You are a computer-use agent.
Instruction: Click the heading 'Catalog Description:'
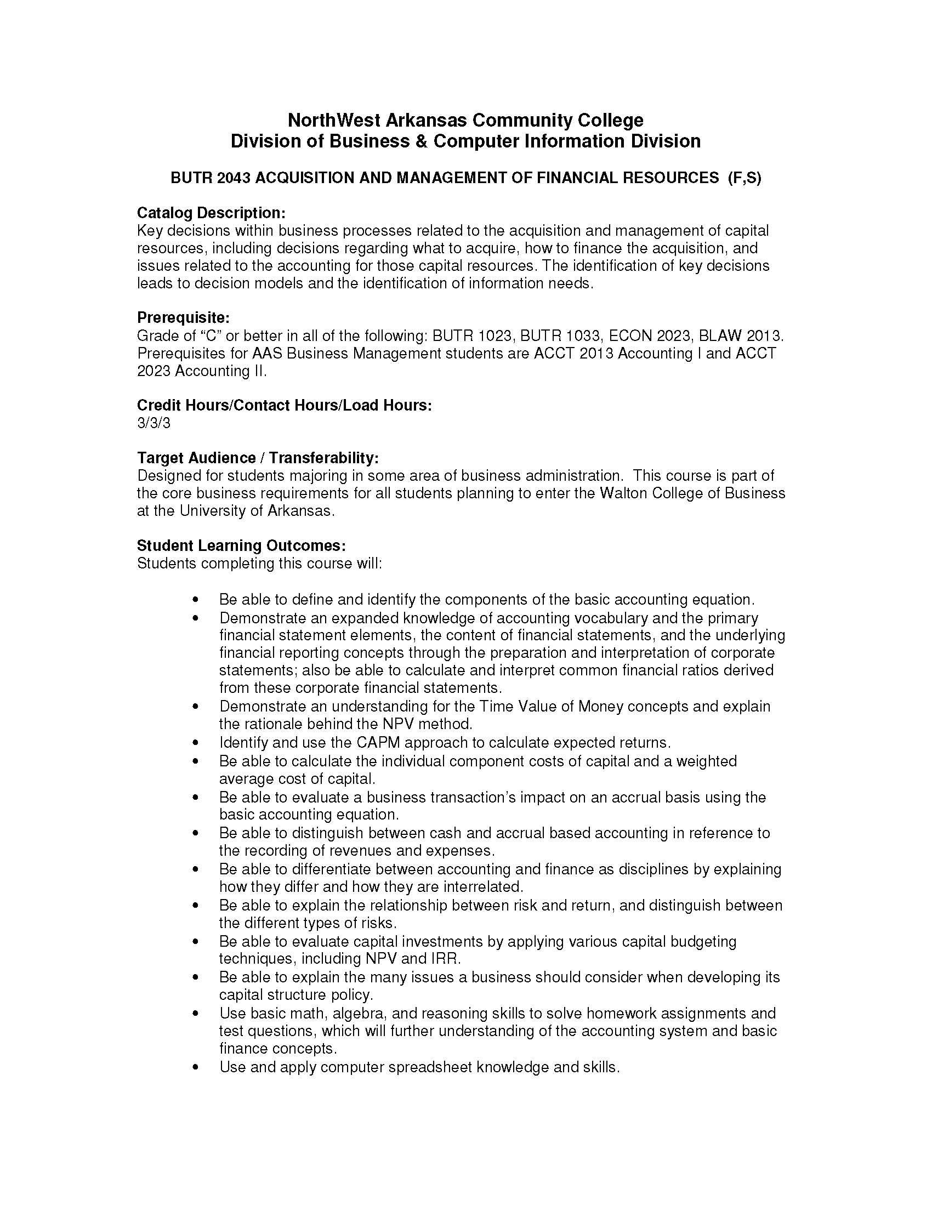tap(211, 213)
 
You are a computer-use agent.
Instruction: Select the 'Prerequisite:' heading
tap(183, 317)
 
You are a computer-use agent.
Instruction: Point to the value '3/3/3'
tap(154, 423)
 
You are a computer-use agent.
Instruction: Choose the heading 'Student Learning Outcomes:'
tap(241, 545)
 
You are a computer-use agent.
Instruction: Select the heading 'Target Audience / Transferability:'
tap(258, 458)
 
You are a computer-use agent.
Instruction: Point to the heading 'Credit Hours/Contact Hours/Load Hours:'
tap(284, 405)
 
